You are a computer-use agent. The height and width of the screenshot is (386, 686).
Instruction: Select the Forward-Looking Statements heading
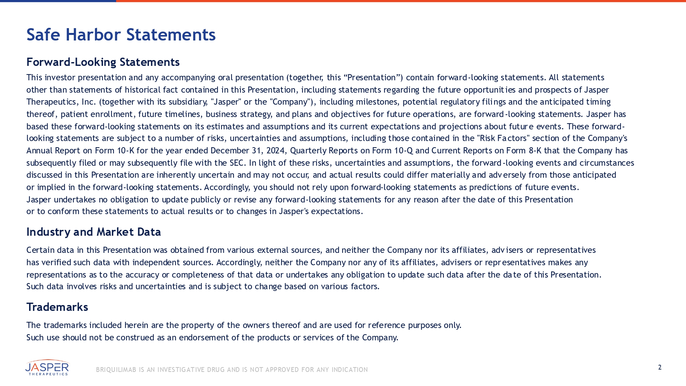pyautogui.click(x=103, y=62)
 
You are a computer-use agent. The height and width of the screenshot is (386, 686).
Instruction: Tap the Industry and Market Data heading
pyautogui.click(x=94, y=232)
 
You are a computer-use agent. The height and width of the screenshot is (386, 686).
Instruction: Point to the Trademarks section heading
pyautogui.click(x=57, y=307)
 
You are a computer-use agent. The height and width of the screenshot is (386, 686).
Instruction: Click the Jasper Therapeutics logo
pyautogui.click(x=47, y=368)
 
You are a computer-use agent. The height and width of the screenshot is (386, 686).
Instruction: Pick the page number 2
pyautogui.click(x=660, y=367)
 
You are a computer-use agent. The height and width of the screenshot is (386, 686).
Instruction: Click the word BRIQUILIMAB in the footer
pyautogui.click(x=116, y=370)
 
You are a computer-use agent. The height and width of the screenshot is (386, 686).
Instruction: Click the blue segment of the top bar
pyautogui.click(x=58, y=1)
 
